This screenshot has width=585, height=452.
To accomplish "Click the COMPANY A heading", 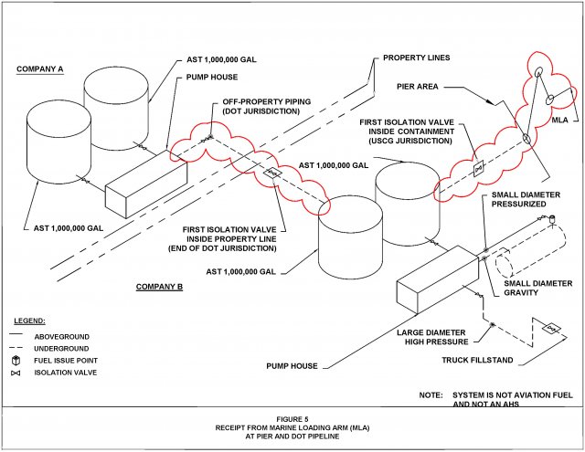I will tap(40, 69).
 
